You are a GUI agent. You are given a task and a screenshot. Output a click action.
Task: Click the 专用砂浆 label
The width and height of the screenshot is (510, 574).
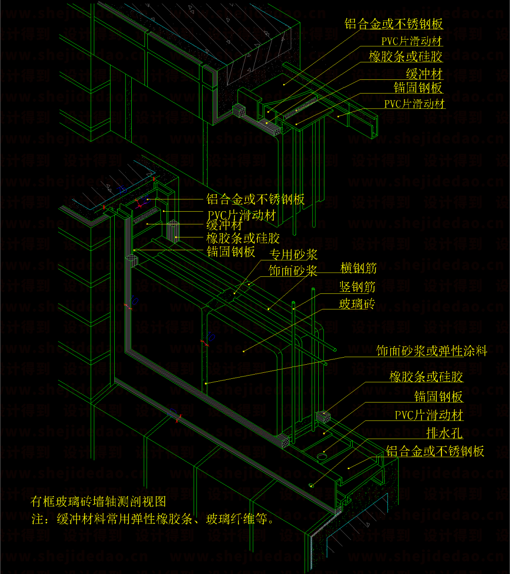pyautogui.click(x=293, y=255)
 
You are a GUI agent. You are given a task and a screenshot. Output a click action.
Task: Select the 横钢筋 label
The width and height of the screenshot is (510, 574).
pyautogui.click(x=359, y=268)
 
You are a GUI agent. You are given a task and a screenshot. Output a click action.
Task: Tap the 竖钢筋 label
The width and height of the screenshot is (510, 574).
pyautogui.click(x=357, y=286)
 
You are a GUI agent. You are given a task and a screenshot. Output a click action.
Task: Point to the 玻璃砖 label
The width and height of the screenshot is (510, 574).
pyautogui.click(x=357, y=304)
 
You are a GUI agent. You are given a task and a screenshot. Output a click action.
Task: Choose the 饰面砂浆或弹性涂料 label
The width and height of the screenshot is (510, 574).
pyautogui.click(x=432, y=351)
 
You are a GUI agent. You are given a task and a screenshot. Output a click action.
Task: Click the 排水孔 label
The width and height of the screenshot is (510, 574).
pyautogui.click(x=444, y=433)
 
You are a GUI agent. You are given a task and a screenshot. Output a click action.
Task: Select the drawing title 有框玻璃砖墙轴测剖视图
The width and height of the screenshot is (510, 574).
pyautogui.click(x=98, y=501)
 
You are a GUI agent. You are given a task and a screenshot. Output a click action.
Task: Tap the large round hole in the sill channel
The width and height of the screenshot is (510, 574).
pyautogui.click(x=322, y=457)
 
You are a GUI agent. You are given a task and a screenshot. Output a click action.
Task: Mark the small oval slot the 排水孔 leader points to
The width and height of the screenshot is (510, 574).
pyautogui.click(x=312, y=485)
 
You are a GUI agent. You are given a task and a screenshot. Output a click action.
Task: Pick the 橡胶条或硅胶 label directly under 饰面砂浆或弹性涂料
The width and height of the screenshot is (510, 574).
pyautogui.click(x=426, y=377)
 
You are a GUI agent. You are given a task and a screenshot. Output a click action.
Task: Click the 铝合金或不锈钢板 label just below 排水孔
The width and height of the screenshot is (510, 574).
pyautogui.click(x=435, y=451)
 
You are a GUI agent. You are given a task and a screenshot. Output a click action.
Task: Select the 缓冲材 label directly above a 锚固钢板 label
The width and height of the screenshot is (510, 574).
pyautogui.click(x=424, y=74)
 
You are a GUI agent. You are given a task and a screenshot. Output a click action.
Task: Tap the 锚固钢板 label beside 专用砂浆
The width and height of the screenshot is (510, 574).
pyautogui.click(x=231, y=251)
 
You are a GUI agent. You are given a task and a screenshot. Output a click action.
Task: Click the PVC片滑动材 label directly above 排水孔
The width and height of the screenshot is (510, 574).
pyautogui.click(x=429, y=415)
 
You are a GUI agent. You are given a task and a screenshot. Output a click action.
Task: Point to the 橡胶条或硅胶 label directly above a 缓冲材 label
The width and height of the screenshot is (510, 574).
pyautogui.click(x=406, y=57)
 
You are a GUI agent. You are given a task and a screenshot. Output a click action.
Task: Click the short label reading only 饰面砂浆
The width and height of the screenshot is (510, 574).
pyautogui.click(x=293, y=271)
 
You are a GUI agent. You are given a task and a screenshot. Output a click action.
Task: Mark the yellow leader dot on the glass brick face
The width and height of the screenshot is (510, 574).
pyautogui.click(x=244, y=351)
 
